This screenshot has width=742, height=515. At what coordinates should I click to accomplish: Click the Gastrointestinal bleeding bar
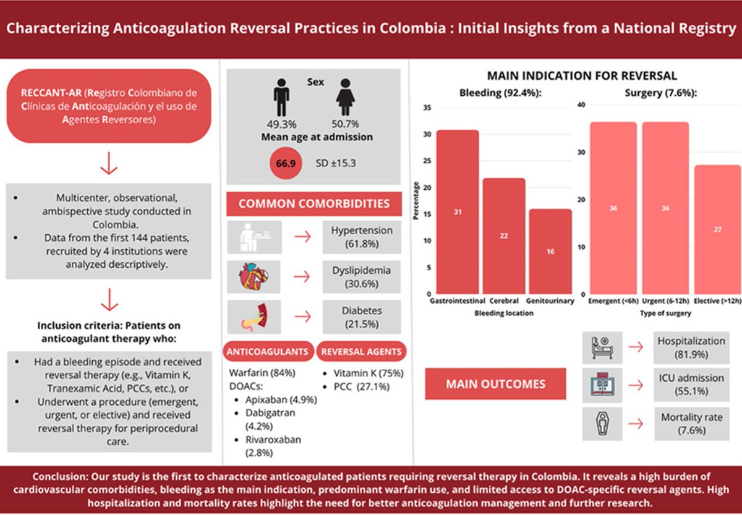point(458,212)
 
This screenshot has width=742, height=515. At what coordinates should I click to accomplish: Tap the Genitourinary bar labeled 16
point(550,252)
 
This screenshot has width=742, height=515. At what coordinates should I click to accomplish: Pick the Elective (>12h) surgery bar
point(717,229)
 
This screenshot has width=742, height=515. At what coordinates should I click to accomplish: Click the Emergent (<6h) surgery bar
point(613,208)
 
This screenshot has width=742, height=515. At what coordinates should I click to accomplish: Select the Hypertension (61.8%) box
point(362,237)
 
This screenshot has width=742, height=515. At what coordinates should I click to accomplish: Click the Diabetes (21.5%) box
point(362,317)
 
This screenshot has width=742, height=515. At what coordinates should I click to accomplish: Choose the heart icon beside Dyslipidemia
point(254,277)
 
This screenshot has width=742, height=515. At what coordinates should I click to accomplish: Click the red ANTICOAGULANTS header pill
point(268,352)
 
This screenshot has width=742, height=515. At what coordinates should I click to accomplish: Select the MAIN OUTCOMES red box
point(495,384)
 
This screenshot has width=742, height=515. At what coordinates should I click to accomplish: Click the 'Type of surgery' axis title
point(665,313)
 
